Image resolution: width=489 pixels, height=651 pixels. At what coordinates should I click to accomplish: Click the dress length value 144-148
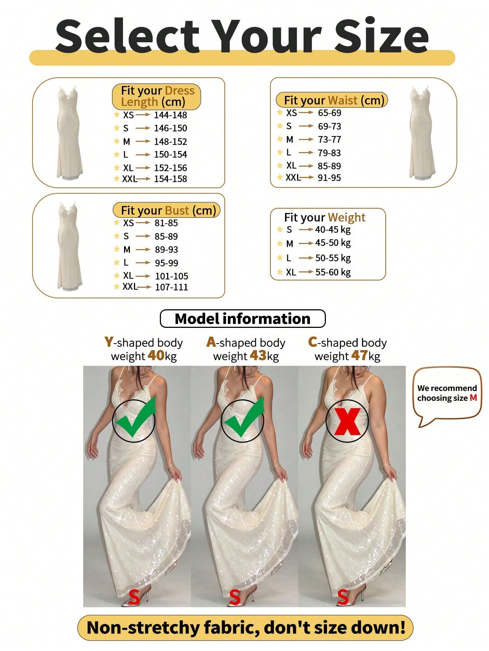[x=170, y=115]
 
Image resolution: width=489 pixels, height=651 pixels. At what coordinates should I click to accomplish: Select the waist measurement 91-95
[x=329, y=178]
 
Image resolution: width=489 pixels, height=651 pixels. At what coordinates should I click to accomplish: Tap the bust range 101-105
[x=172, y=276]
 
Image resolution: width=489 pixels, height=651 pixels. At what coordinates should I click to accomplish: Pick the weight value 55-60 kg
[x=333, y=272]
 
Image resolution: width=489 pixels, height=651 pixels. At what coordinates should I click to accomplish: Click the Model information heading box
[x=243, y=319]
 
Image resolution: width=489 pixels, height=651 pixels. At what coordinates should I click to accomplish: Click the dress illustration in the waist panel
[x=422, y=133]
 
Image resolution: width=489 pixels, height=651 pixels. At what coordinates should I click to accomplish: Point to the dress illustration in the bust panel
[x=69, y=247]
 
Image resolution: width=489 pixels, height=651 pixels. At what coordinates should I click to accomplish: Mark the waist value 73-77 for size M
[x=329, y=139]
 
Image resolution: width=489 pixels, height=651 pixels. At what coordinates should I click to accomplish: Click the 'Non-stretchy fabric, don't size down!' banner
[x=245, y=628]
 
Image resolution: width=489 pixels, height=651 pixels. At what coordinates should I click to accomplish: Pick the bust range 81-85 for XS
[x=166, y=223]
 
